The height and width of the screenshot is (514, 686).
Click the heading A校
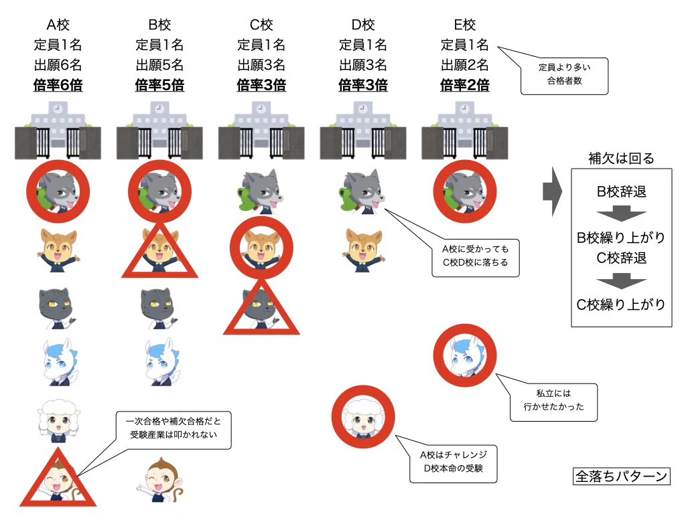pos(58,25)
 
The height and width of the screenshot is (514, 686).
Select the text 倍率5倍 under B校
pos(159,85)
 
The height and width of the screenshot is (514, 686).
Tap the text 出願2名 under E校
pos(465,65)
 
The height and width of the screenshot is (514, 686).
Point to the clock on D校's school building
pos(362,108)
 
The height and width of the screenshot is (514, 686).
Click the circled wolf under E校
pos(465,191)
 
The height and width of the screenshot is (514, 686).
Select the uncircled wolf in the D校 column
pos(362,191)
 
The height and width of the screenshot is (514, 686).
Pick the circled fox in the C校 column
pos(261,248)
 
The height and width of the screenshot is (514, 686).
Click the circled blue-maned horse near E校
pos(465,355)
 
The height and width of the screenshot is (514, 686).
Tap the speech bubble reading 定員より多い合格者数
pos(564,74)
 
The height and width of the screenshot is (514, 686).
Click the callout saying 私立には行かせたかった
pos(553,400)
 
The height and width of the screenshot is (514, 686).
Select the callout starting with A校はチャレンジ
pos(453,462)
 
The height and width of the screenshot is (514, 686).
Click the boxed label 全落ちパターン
pos(621,476)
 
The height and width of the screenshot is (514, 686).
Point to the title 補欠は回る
pos(621,158)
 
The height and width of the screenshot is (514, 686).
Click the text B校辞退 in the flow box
pos(621,191)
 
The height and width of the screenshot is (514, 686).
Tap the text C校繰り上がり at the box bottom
pos(621,305)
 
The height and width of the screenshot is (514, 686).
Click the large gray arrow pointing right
pos(553,191)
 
